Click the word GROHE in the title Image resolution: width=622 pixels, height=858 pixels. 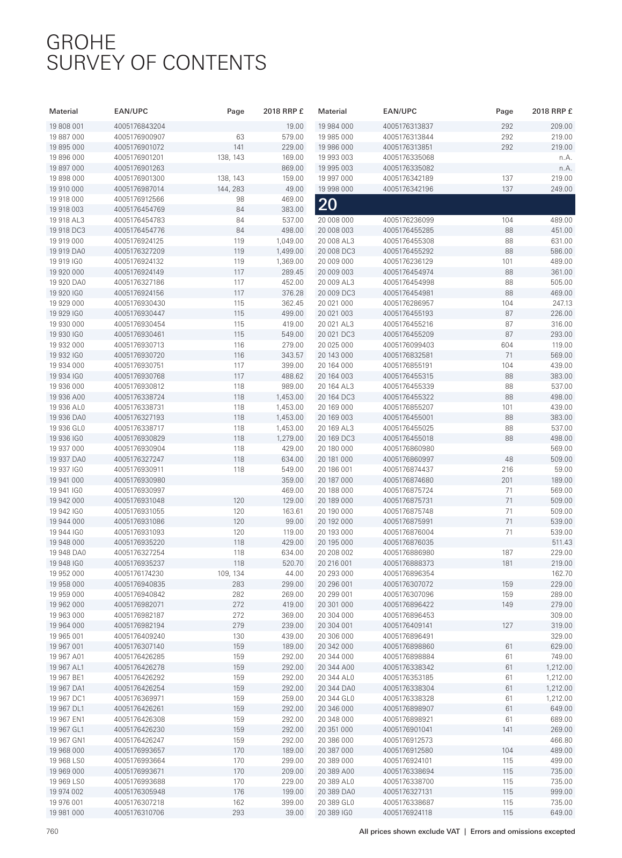(81, 42)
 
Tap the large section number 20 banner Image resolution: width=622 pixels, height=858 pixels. (328, 204)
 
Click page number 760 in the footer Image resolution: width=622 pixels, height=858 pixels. (52, 832)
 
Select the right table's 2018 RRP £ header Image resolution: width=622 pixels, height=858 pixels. (552, 112)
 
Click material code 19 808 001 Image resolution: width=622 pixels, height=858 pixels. (67, 127)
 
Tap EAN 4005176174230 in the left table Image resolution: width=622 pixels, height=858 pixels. (139, 574)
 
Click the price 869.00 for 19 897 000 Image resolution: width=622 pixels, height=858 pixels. (292, 168)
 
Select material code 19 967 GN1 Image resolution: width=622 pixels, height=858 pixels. (67, 740)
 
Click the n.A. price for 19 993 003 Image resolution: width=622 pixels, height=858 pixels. (566, 158)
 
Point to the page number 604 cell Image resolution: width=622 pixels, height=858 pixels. (507, 345)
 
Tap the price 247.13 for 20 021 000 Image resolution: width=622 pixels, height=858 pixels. (562, 304)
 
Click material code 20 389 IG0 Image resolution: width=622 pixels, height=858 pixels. (336, 813)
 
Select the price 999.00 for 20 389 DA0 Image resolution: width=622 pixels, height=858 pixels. (561, 792)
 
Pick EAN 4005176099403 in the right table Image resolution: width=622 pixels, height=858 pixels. (408, 345)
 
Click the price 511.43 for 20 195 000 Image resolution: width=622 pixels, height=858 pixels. (562, 543)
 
